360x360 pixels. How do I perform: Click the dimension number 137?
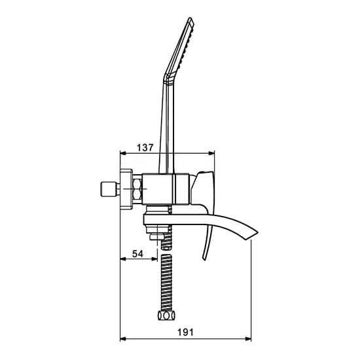tap(145, 147)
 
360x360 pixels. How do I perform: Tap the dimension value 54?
tap(137, 254)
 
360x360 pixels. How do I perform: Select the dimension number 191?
tap(185, 333)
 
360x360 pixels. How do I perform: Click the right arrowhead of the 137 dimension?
tap(211, 153)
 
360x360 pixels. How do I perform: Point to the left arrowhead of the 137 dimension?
tap(124, 153)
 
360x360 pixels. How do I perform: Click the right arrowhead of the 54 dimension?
tap(154, 259)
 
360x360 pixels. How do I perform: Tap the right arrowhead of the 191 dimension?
tap(248, 338)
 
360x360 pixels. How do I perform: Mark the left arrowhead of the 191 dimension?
tap(124, 338)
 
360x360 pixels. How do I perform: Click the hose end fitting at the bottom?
tap(166, 315)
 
